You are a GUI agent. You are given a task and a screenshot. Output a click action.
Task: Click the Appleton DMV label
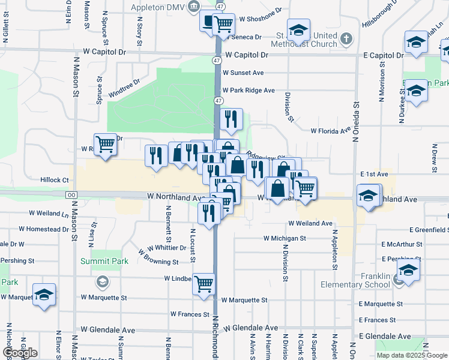tap(159, 7)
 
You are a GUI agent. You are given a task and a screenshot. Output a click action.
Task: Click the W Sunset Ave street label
tap(243, 73)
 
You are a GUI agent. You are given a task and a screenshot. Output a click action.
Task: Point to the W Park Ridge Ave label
tap(249, 91)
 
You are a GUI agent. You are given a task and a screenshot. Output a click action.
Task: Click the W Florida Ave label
tap(330, 130)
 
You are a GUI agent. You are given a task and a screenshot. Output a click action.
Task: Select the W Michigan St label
tap(285, 238)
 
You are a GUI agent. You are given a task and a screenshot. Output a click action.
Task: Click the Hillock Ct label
tap(55, 180)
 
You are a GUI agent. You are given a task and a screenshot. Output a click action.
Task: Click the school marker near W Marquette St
tap(44, 295)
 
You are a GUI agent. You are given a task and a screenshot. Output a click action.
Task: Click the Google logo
tap(20, 353)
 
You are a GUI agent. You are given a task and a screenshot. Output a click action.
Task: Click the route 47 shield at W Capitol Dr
tap(216, 61)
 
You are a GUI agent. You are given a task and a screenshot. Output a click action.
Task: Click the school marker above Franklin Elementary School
tap(408, 271)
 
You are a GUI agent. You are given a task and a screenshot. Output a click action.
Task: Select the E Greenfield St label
tap(429, 230)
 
